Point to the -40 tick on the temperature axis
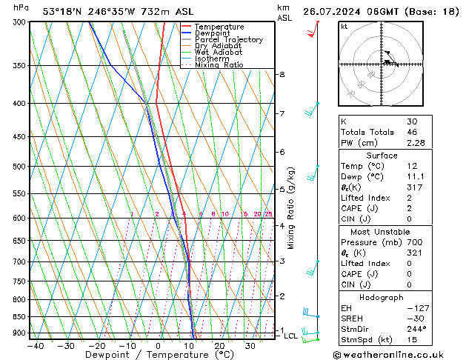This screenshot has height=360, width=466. pyautogui.click(x=35, y=345)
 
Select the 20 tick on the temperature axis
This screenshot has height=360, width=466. pyautogui.click(x=220, y=345)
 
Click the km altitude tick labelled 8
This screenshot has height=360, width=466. pyautogui.click(x=282, y=75)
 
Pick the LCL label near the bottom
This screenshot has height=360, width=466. pyautogui.click(x=290, y=336)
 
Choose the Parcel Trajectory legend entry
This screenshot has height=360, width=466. pyautogui.click(x=228, y=40)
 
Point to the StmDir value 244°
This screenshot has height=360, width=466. pyautogui.click(x=416, y=329)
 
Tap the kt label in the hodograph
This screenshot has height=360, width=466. pyautogui.click(x=344, y=26)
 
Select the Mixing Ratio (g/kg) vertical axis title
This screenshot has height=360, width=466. pyautogui.click(x=290, y=207)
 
